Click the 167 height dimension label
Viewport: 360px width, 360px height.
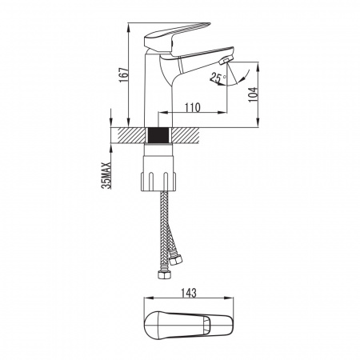[124, 75]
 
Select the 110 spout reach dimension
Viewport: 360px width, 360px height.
[193, 107]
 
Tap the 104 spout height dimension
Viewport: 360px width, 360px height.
[253, 94]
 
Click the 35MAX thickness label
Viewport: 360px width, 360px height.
[106, 176]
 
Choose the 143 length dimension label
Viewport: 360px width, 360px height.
[189, 293]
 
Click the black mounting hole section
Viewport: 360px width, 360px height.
[158, 135]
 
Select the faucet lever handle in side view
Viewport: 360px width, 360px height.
[177, 36]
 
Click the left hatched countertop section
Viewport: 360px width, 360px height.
[129, 135]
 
